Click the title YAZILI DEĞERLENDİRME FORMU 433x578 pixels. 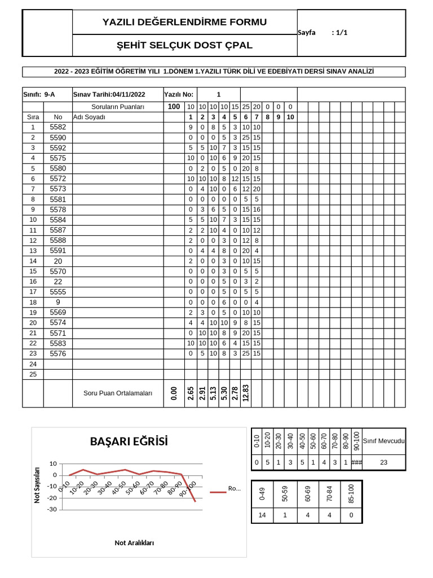(184, 22)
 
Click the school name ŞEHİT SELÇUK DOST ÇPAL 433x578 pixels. (184, 45)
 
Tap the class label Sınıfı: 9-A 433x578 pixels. (39, 94)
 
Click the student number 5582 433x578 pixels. (58, 127)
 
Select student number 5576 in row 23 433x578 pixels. (58, 353)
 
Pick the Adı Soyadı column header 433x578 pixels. (90, 117)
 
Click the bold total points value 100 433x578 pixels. (174, 107)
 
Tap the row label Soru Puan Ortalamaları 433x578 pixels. (118, 393)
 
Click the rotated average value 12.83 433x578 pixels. (246, 393)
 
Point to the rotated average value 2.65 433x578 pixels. (191, 393)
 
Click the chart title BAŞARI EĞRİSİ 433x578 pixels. (129, 441)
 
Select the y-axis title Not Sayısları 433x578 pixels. (38, 485)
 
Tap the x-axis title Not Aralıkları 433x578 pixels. (134, 542)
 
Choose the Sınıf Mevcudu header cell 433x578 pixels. (383, 441)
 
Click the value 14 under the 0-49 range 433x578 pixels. (262, 515)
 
